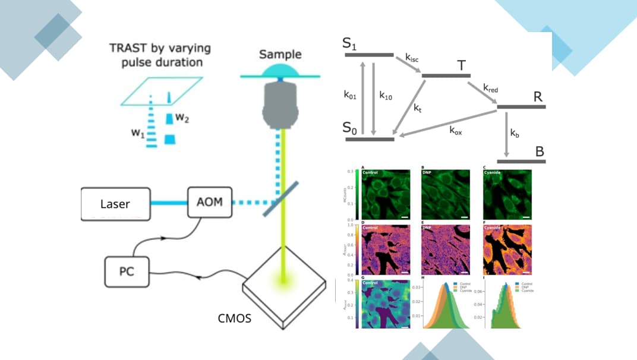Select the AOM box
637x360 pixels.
coord(209,201)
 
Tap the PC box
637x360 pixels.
coord(127,271)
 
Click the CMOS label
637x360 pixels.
coord(234,318)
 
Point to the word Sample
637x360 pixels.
coord(280,55)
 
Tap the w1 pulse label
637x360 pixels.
coord(138,134)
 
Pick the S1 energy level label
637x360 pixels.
coord(350,43)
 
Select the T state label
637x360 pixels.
coord(461,65)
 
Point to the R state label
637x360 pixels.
coord(538,97)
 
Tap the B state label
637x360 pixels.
coord(539,151)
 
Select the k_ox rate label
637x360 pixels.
coord(456,131)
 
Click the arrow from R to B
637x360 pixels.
coord(506,134)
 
